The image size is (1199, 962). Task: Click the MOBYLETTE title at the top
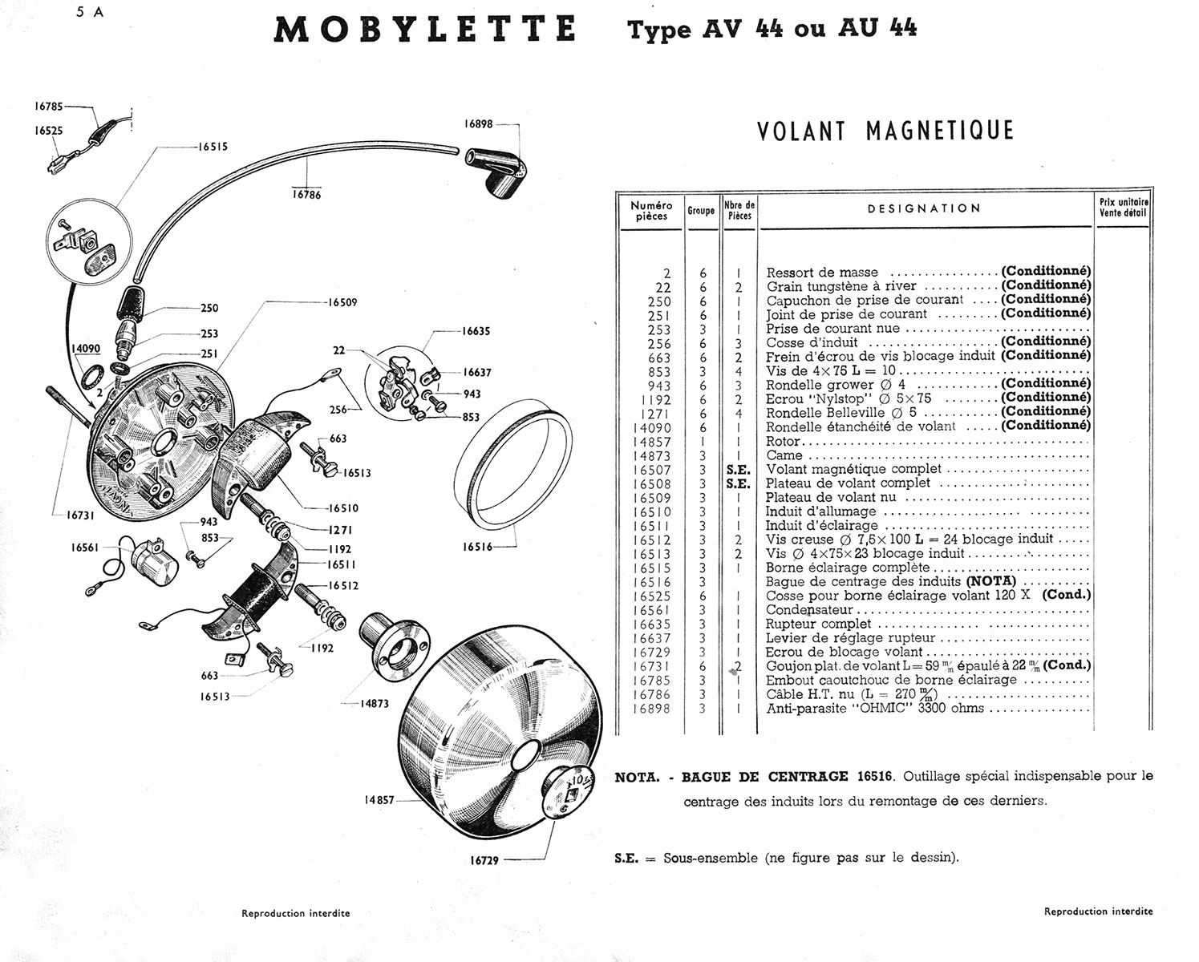[425, 30]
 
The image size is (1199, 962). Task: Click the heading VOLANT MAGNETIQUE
[885, 131]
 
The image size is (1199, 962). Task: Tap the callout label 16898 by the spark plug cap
[479, 124]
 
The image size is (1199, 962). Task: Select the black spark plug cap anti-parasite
[495, 171]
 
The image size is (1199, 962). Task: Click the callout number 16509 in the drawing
[341, 302]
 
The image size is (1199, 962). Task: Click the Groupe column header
[701, 211]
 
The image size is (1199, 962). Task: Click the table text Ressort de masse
[822, 273]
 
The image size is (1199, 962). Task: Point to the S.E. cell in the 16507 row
[738, 470]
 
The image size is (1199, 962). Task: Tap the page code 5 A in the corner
[87, 12]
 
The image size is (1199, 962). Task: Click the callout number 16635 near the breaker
[476, 330]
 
